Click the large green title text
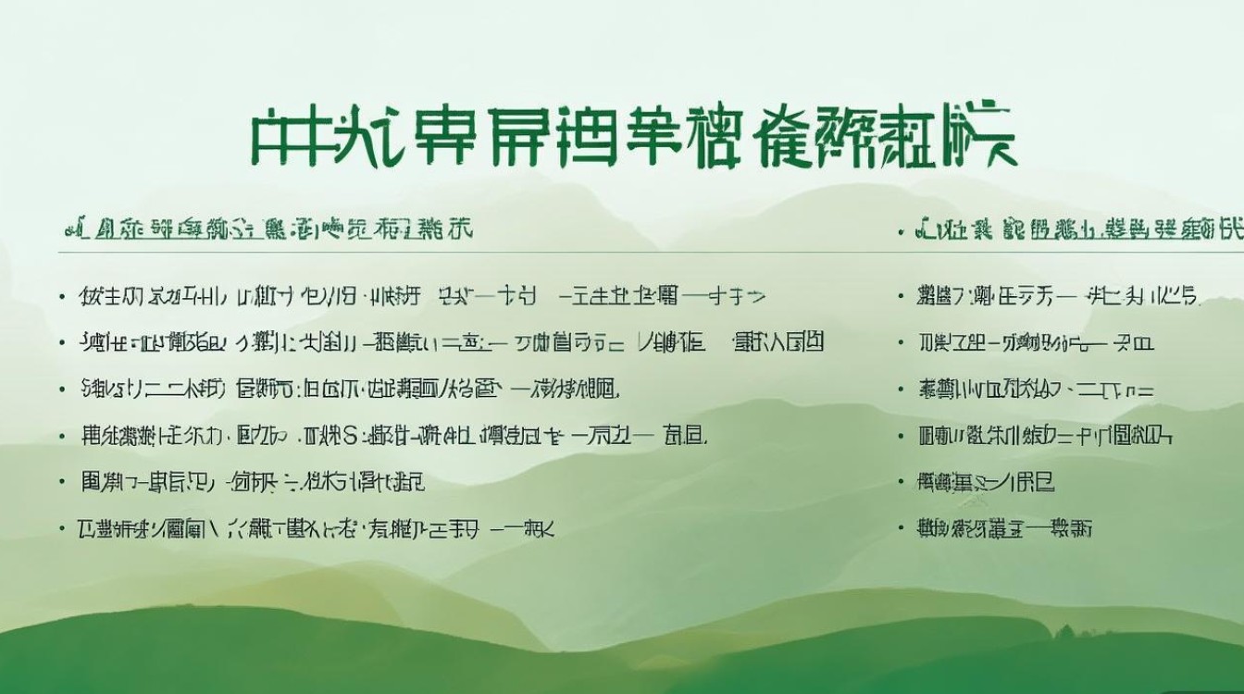pyautogui.click(x=632, y=139)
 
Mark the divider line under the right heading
pyautogui.click(x=1064, y=252)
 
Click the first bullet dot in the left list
pyautogui.click(x=62, y=297)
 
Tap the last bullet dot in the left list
pyautogui.click(x=62, y=529)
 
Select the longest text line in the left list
pyautogui.click(x=453, y=343)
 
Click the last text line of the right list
pyautogui.click(x=1004, y=529)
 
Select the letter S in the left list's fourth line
pyautogui.click(x=352, y=435)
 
